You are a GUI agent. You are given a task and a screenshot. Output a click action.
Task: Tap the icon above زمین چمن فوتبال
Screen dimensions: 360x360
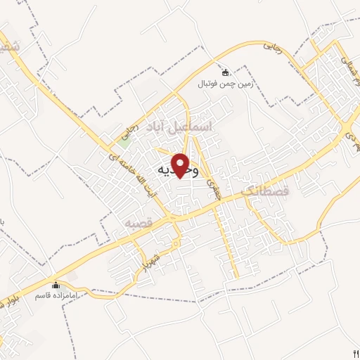(x=226, y=72)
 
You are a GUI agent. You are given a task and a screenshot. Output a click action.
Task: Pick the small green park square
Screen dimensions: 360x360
(x=125, y=139)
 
